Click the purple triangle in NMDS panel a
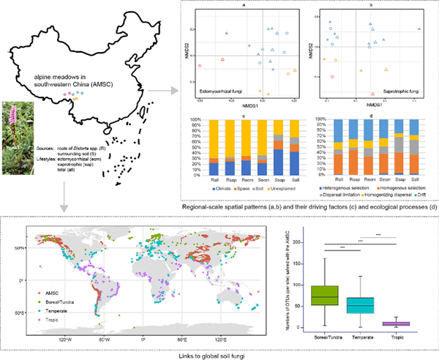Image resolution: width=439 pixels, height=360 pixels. pyautogui.click(x=227, y=34)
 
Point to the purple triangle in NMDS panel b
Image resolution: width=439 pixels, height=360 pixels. pyautogui.click(x=419, y=29)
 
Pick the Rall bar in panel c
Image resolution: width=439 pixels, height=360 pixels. pyautogui.click(x=215, y=146)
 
